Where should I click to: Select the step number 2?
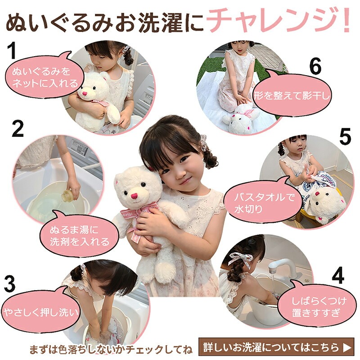click(17, 129)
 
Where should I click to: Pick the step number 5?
click(345, 138)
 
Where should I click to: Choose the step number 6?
click(315, 67)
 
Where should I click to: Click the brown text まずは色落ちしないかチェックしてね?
click(111, 349)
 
